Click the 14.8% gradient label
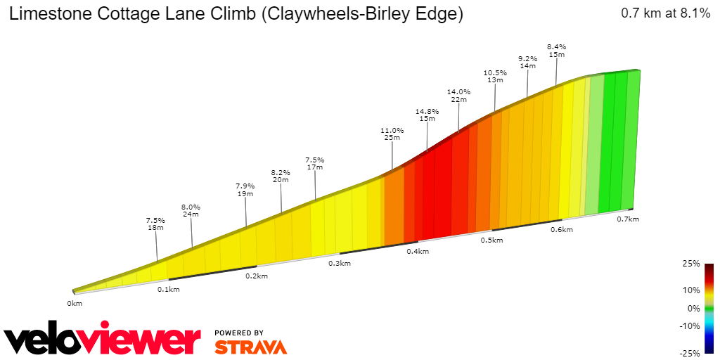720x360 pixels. [x=427, y=111]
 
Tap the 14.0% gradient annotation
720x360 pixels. [x=458, y=91]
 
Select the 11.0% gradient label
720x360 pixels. [x=392, y=130]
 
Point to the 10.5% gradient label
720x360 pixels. [x=495, y=72]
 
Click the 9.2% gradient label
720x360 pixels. [x=527, y=58]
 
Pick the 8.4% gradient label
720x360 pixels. [x=556, y=46]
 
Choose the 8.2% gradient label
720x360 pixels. [x=281, y=172]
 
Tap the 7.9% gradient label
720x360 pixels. [x=245, y=186]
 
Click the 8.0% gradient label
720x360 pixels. [x=191, y=207]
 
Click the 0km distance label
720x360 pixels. [x=75, y=303]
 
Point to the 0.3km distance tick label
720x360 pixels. [x=339, y=263]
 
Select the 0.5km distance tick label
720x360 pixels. [x=491, y=240]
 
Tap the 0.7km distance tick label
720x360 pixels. [x=627, y=219]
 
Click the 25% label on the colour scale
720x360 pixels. [x=691, y=264]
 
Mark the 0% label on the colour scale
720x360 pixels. [x=693, y=308]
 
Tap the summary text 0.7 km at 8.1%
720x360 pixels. [x=665, y=13]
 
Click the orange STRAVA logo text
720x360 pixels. [x=250, y=347]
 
